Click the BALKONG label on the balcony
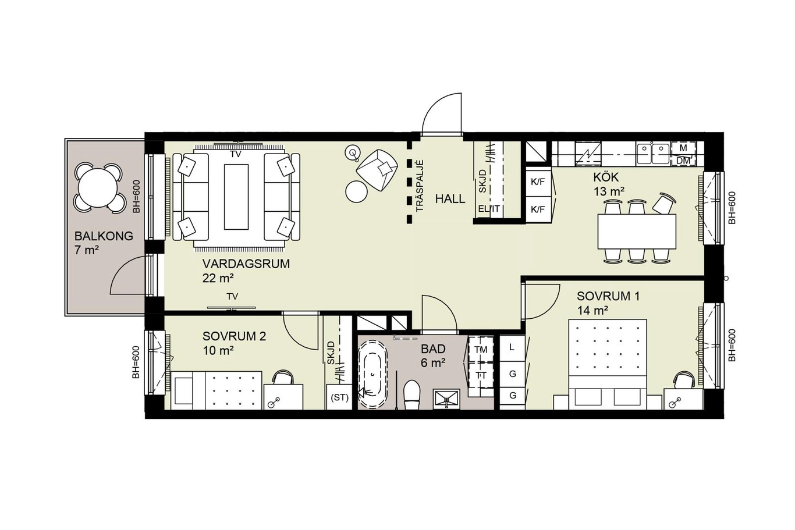coord(104,236)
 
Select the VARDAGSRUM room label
coord(246,264)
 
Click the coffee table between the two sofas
coord(236,197)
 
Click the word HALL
coord(450,199)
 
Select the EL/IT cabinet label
coord(489,209)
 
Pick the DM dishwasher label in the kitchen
coord(683,161)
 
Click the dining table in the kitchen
coord(637,232)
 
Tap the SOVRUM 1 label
coord(608,296)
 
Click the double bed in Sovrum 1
coord(608,364)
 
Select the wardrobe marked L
coord(512,348)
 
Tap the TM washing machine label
coord(481,350)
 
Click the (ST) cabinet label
coord(339,398)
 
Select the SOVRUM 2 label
coord(234,336)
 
